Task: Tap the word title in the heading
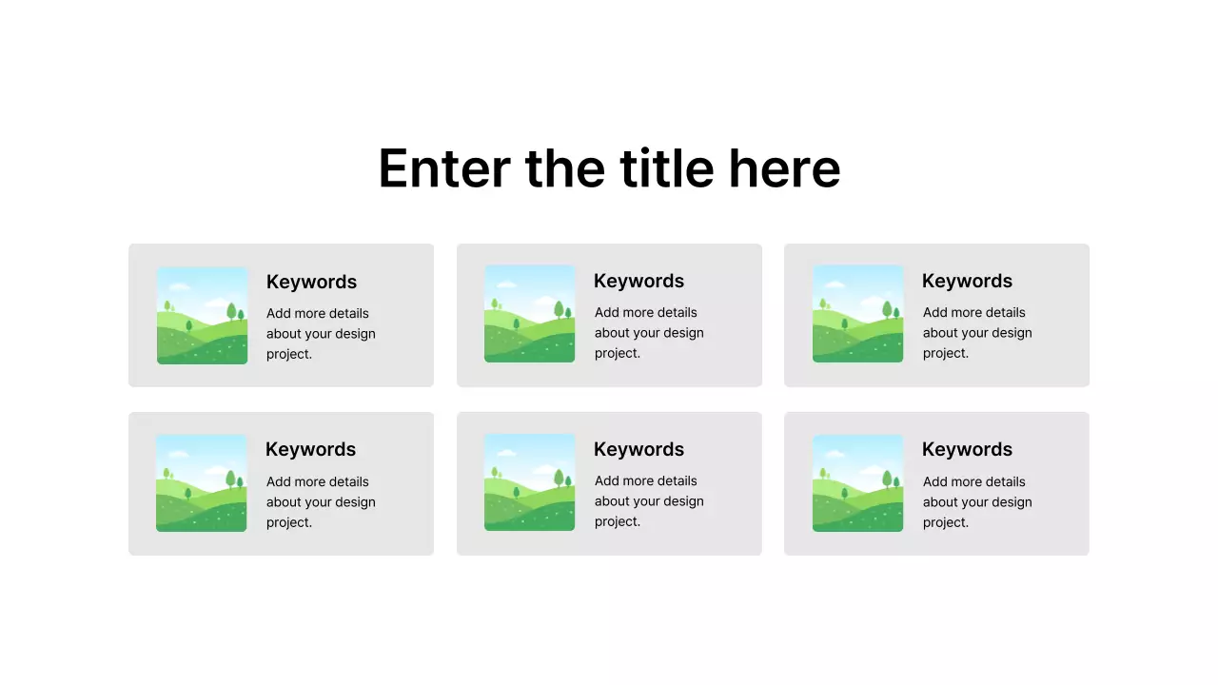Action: [x=666, y=168]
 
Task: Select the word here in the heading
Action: [x=784, y=168]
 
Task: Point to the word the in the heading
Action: [x=564, y=168]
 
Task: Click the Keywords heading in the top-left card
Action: [x=311, y=282]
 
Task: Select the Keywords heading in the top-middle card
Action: [x=638, y=281]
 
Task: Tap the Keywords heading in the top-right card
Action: [x=967, y=281]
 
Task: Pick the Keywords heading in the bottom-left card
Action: [x=310, y=449]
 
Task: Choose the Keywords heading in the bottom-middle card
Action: [x=638, y=449]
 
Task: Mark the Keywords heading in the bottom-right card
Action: [x=967, y=449]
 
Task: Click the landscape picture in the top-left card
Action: [x=202, y=315]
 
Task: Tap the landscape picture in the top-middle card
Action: [x=529, y=314]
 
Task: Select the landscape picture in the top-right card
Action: [x=857, y=314]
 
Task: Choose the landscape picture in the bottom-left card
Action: [x=201, y=483]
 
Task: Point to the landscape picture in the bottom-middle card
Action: [x=529, y=482]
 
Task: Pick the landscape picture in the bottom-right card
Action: [x=857, y=483]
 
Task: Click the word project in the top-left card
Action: [x=287, y=354]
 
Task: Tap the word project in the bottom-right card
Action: [x=944, y=522]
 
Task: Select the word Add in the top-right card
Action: [x=935, y=312]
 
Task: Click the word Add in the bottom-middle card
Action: [x=607, y=480]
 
